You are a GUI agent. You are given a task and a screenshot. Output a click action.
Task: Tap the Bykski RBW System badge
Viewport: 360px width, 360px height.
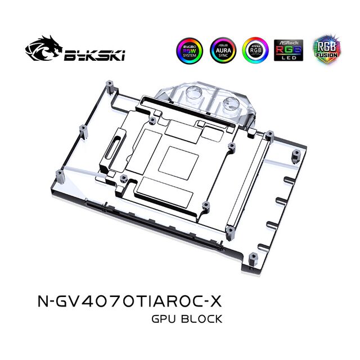click(x=189, y=49)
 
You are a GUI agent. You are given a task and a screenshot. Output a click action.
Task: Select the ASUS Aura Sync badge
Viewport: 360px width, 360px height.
click(x=222, y=49)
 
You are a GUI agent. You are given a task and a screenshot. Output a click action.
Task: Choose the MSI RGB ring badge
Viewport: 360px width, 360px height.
click(x=254, y=49)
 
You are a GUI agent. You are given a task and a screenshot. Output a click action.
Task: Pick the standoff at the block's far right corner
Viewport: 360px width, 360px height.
click(x=294, y=153)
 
